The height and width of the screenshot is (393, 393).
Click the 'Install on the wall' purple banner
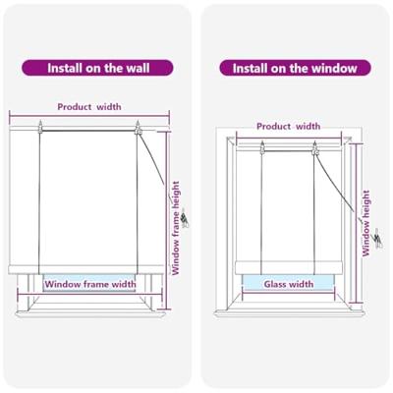click(x=97, y=68)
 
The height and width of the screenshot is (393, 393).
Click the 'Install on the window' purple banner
click(x=295, y=68)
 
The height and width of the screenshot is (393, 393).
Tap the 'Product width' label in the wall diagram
click(x=89, y=107)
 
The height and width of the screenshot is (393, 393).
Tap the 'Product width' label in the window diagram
click(x=288, y=127)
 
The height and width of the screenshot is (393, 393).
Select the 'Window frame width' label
click(x=90, y=284)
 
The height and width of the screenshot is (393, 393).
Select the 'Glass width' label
click(x=289, y=284)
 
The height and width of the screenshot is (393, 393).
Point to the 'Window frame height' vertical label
click(x=176, y=228)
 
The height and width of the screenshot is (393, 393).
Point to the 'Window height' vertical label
click(x=365, y=223)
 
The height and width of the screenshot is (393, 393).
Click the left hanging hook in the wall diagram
click(x=40, y=127)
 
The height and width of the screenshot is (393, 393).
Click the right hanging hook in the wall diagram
click(x=138, y=128)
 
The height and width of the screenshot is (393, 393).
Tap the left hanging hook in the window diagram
click(x=262, y=147)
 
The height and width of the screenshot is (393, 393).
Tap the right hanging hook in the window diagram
click(x=315, y=148)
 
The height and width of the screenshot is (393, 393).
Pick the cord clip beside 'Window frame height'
click(x=185, y=218)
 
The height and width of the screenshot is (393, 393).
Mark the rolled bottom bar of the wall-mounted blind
click(x=85, y=269)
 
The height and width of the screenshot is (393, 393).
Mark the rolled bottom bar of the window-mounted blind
click(x=289, y=268)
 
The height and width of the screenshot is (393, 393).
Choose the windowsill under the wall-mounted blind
click(x=90, y=314)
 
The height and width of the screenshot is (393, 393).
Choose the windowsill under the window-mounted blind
click(x=290, y=313)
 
